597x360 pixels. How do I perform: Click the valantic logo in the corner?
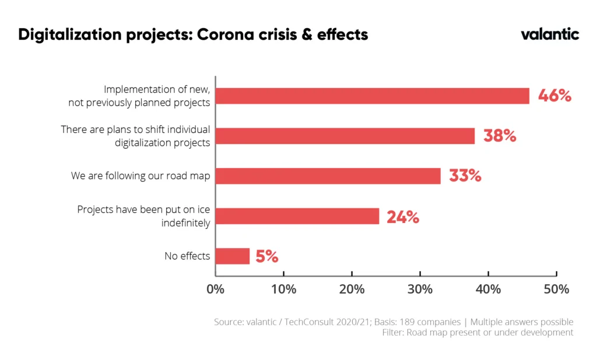pyautogui.click(x=550, y=34)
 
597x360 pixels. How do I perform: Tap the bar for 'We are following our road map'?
pyautogui.click(x=328, y=176)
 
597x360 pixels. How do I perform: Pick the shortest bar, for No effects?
pyautogui.click(x=233, y=256)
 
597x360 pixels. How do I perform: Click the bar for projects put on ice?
pyautogui.click(x=297, y=216)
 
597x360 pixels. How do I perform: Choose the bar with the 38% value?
pyautogui.click(x=345, y=136)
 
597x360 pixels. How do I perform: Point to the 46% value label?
pyautogui.click(x=554, y=96)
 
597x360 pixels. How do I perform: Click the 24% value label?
pyautogui.click(x=403, y=217)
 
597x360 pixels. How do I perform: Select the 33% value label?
pyautogui.click(x=465, y=176)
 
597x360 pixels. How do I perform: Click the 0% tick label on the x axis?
pyautogui.click(x=216, y=289)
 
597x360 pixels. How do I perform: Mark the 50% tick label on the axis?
pyautogui.click(x=556, y=289)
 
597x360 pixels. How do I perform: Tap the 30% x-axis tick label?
pyautogui.click(x=420, y=289)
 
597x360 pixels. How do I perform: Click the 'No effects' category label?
pyautogui.click(x=187, y=256)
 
